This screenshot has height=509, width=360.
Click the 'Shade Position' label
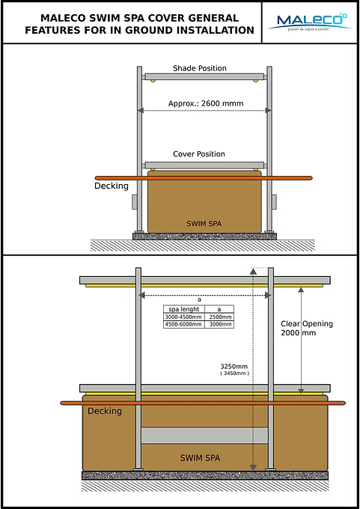pyautogui.click(x=200, y=68)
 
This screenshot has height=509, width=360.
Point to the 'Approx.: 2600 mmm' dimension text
pyautogui.click(x=206, y=103)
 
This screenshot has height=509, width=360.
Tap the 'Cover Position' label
pyautogui.click(x=199, y=154)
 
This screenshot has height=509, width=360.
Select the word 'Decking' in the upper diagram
pyautogui.click(x=112, y=186)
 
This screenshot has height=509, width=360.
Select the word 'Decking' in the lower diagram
pyautogui.click(x=105, y=411)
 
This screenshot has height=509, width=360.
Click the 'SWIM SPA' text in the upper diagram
pyautogui.click(x=204, y=224)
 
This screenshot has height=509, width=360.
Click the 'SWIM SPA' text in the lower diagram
pyautogui.click(x=201, y=458)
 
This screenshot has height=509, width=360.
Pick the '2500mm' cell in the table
pyautogui.click(x=219, y=317)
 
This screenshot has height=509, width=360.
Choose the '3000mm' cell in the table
pyautogui.click(x=219, y=324)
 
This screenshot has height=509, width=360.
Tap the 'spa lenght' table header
pyautogui.click(x=184, y=309)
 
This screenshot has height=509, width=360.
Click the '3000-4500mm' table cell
pyautogui.click(x=184, y=317)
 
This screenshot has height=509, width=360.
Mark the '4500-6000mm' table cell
pyautogui.click(x=184, y=324)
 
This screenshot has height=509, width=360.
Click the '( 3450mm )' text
pyautogui.click(x=234, y=374)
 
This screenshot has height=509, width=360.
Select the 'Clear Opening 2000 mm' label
pyautogui.click(x=307, y=328)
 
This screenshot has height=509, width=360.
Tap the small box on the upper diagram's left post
pyautogui.click(x=135, y=201)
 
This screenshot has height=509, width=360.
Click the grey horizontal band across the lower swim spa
pyautogui.click(x=204, y=436)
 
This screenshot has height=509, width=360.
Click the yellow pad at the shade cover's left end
pyautogui.click(x=152, y=81)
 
